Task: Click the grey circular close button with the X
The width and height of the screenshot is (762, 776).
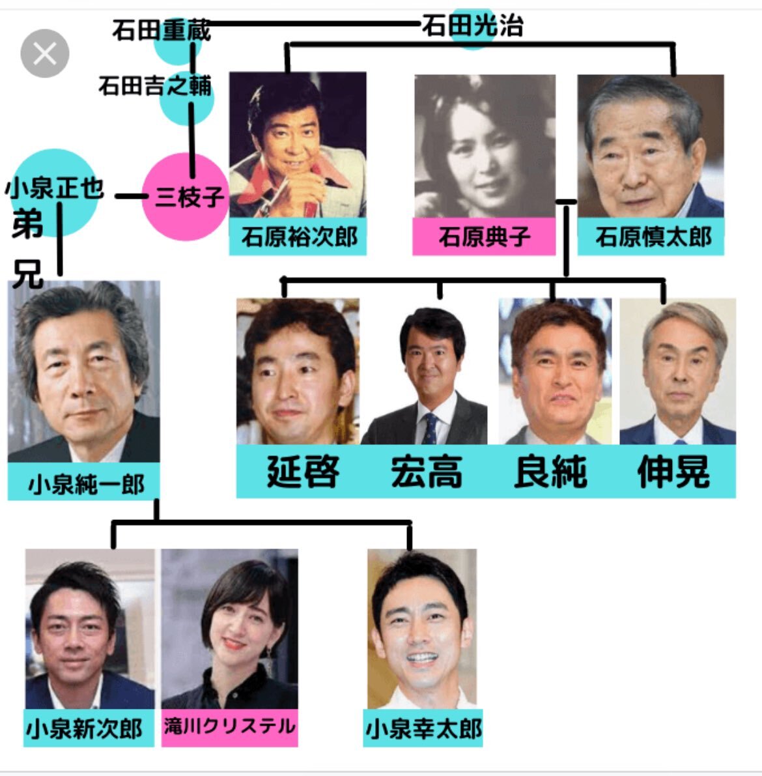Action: click(44, 53)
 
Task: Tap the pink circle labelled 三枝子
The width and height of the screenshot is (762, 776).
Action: click(185, 197)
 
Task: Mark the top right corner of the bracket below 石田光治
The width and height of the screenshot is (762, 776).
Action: click(673, 44)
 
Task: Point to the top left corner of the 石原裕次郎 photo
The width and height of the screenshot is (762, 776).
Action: click(230, 73)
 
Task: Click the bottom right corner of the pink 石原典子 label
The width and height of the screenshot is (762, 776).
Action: click(555, 255)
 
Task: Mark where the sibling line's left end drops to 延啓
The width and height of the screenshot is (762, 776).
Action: click(283, 280)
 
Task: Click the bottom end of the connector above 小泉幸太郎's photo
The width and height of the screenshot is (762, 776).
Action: click(410, 549)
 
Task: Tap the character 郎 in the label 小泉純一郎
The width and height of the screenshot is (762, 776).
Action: click(133, 483)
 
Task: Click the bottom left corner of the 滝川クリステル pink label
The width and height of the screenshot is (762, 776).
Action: click(162, 746)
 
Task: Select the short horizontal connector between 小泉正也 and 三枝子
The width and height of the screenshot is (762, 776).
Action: click(131, 197)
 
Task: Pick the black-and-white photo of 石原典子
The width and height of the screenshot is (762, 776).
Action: click(485, 146)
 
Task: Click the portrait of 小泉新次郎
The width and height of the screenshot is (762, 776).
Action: click(90, 629)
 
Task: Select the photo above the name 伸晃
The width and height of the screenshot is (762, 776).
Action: click(677, 371)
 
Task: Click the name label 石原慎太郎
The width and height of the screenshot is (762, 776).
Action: click(651, 237)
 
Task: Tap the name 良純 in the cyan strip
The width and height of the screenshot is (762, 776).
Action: click(551, 472)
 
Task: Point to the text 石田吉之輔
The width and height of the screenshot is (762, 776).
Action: click(155, 85)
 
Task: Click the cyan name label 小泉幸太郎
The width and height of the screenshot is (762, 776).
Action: click(423, 728)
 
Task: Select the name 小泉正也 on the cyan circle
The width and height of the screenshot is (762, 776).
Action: click(54, 188)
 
